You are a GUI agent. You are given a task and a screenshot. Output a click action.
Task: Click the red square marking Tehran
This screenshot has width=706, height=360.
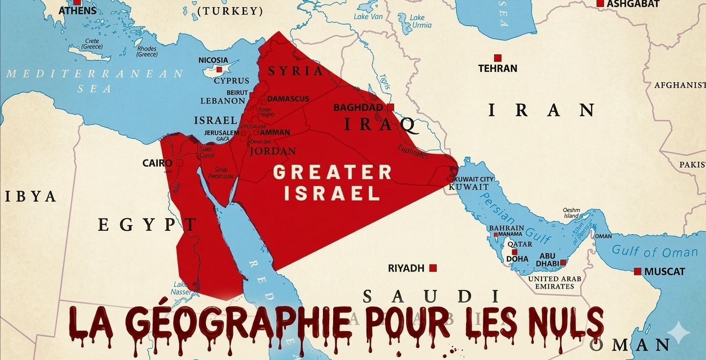click(498, 58)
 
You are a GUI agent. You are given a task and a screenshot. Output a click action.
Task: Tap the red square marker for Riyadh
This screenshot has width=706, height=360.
click(433, 268)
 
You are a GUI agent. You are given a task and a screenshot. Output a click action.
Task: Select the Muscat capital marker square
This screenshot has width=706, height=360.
click(637, 271)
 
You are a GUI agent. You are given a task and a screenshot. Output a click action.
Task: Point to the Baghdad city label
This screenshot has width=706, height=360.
click(358, 108)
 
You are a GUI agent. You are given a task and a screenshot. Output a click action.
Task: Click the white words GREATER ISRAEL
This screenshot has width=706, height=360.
click(332, 182)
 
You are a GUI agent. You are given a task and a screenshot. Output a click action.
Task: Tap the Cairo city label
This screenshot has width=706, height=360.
click(157, 163)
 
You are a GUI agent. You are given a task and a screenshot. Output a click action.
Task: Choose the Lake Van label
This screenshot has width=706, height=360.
click(368, 17)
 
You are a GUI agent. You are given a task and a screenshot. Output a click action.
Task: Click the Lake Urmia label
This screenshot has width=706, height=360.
click(417, 22)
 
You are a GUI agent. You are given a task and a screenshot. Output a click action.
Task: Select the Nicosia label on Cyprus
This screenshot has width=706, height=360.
click(213, 60)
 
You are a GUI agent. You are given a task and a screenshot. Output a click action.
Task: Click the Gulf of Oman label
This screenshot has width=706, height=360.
click(655, 252)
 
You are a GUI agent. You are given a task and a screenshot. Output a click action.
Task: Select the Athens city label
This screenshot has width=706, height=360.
click(77, 10)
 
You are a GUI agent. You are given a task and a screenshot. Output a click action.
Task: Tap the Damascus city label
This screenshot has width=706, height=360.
click(288, 99)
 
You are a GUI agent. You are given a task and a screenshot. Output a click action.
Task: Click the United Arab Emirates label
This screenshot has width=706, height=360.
click(554, 282)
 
